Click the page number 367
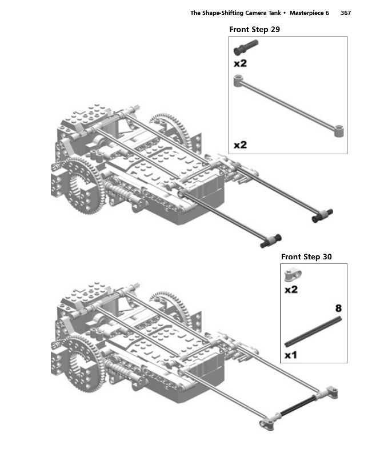[x=346, y=13]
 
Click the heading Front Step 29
[x=254, y=30]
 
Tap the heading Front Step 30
[x=306, y=256]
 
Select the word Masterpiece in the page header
[x=306, y=13]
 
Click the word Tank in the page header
[x=274, y=13]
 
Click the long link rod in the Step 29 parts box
[x=289, y=106]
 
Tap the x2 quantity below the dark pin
[x=240, y=63]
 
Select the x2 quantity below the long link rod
[x=240, y=145]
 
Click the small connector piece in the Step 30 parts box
[x=293, y=275]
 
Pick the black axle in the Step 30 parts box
[x=313, y=332]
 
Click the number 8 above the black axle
[x=338, y=308]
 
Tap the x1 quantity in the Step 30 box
[x=290, y=355]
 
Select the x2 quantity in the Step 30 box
[x=291, y=290]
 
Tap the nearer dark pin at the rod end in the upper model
[x=271, y=241]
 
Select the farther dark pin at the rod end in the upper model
[x=322, y=216]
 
